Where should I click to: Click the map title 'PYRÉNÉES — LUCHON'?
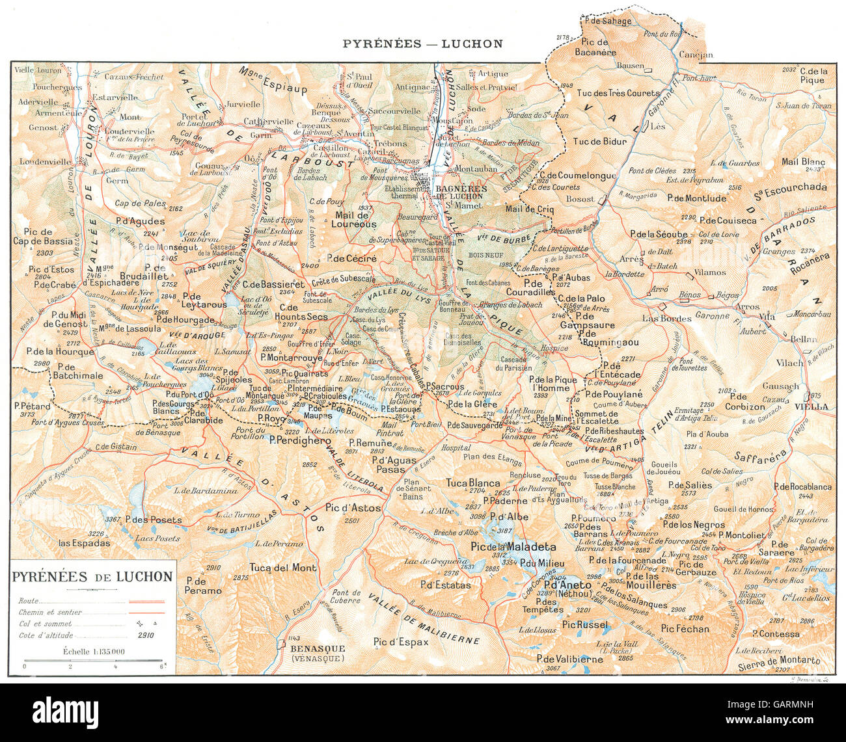click(423, 44)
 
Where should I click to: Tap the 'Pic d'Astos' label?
click(353, 508)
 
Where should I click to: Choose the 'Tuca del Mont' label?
click(283, 567)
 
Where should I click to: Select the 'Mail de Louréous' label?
click(355, 220)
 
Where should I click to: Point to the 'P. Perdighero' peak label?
click(300, 440)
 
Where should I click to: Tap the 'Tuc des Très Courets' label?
click(618, 93)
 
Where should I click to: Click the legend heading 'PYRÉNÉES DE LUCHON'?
click(92, 577)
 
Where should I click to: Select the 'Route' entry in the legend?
click(29, 601)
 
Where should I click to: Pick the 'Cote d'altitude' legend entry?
click(46, 635)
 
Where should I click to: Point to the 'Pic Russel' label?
click(585, 625)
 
